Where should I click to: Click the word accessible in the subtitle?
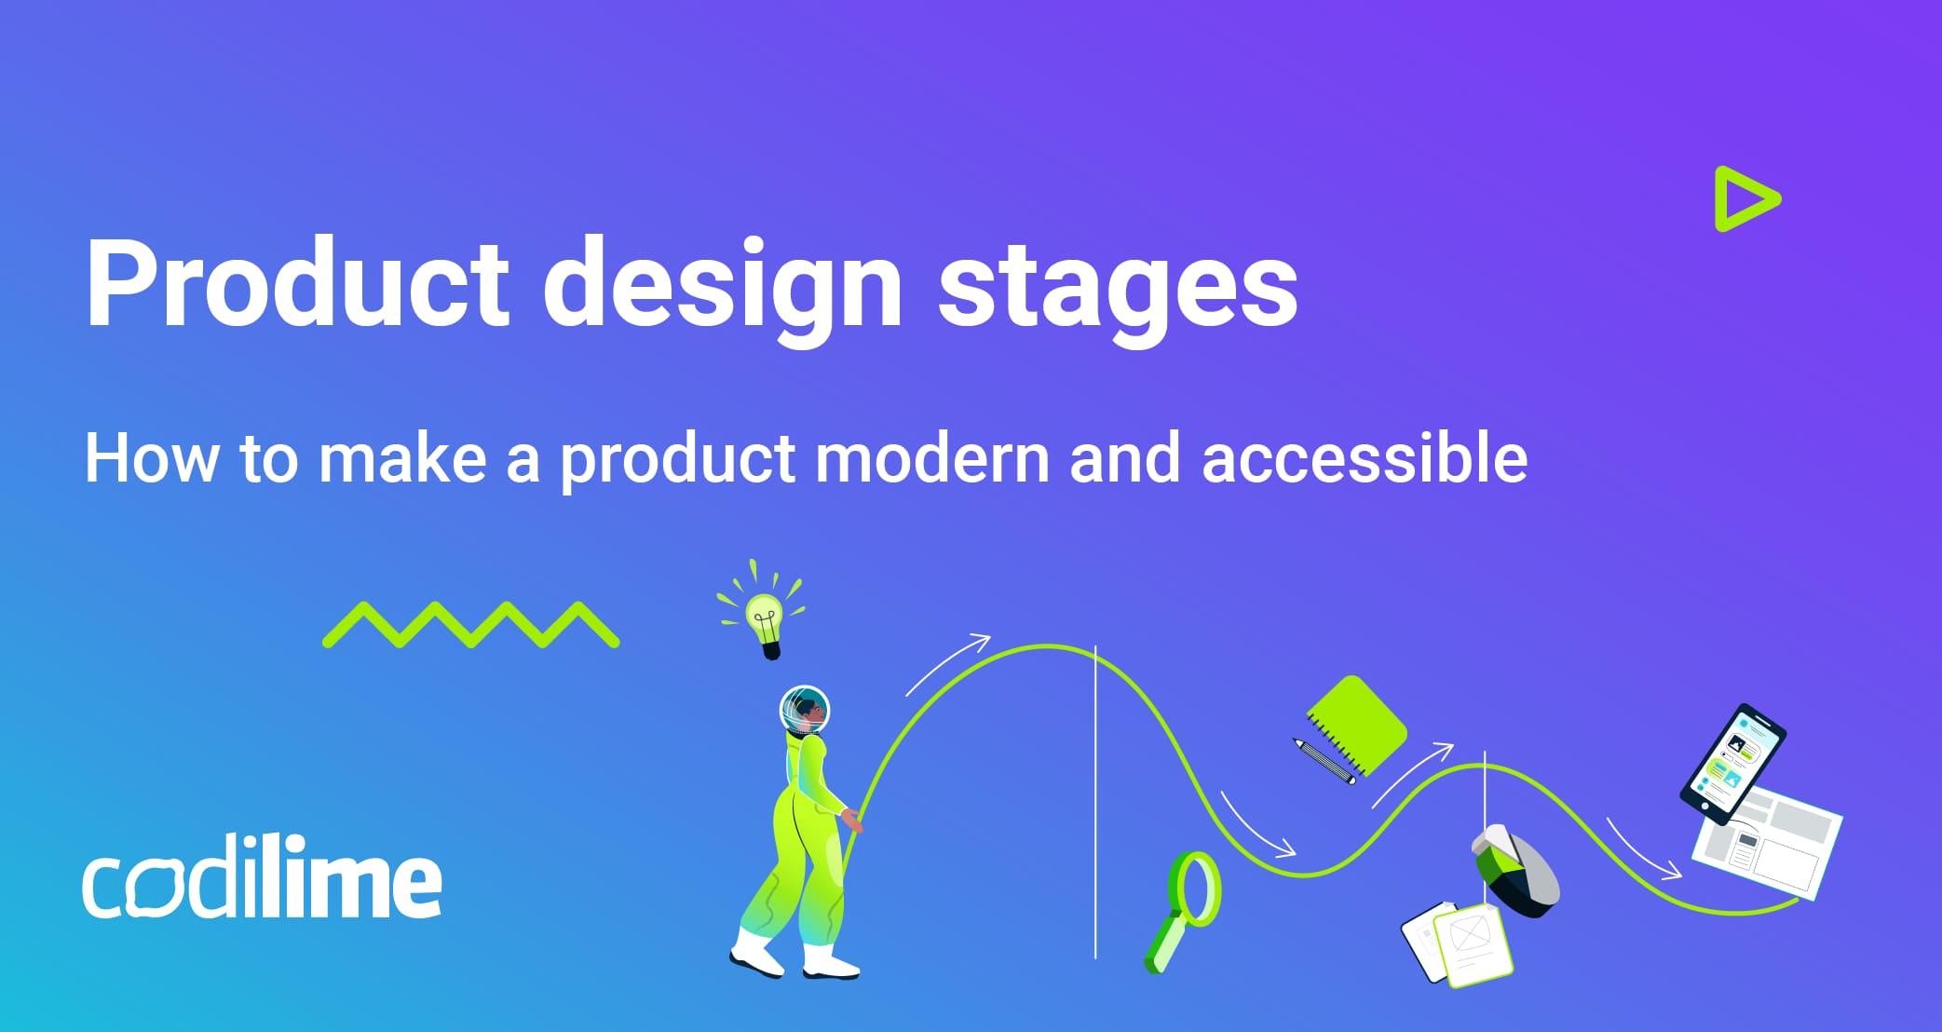[x=1364, y=458]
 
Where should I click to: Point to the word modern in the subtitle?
[x=931, y=458]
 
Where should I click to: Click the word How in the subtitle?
[x=151, y=458]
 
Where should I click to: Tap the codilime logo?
[x=262, y=879]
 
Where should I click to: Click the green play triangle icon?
[x=1744, y=199]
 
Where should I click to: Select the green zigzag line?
[x=470, y=625]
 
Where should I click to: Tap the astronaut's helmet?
[x=804, y=711]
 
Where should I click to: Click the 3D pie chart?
[x=1515, y=872]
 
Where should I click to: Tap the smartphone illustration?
[x=1732, y=763]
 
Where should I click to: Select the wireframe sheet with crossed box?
[x=1472, y=944]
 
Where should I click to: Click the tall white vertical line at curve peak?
[x=1095, y=801]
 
